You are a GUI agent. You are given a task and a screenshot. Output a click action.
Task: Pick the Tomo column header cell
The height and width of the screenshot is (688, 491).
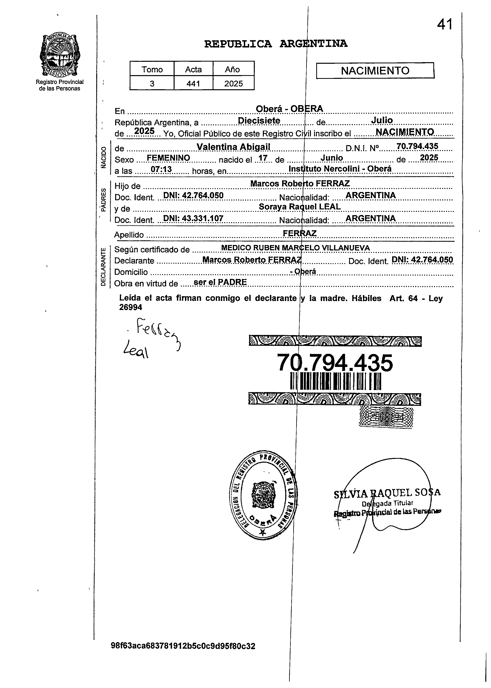point(152,69)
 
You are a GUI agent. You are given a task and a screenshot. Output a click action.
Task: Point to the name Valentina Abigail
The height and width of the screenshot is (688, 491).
point(233,147)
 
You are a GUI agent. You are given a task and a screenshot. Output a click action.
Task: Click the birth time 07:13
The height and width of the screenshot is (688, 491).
point(161,170)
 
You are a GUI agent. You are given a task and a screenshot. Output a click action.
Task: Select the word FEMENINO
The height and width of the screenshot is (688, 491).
point(168,158)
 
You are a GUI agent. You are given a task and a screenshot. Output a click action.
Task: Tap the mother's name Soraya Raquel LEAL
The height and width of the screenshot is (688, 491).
point(300,207)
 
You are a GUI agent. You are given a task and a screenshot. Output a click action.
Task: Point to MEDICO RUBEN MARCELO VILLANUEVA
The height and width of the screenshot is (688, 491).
point(295,248)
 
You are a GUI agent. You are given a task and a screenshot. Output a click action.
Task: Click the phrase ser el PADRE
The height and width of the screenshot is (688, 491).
point(220,282)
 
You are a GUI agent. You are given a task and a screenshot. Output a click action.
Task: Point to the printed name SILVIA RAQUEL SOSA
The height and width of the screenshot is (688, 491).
point(387,493)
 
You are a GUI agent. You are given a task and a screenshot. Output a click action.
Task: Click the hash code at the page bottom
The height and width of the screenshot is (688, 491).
point(183,646)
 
